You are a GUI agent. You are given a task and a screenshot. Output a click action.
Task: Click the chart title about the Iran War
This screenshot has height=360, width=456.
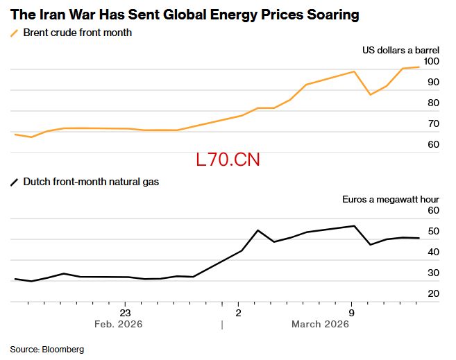point(185,15)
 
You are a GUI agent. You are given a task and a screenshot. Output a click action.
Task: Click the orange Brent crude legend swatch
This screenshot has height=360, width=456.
point(15,33)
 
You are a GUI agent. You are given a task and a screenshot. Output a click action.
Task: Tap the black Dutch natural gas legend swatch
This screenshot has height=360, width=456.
point(15,182)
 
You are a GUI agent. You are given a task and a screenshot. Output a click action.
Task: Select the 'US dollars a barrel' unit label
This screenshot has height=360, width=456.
point(400,50)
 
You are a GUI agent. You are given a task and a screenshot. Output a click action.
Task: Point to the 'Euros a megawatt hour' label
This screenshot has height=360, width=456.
point(391,199)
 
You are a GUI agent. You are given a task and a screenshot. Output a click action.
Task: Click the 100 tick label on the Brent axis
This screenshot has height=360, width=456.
point(431,61)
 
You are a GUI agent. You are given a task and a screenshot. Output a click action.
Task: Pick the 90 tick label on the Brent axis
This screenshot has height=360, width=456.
point(433,83)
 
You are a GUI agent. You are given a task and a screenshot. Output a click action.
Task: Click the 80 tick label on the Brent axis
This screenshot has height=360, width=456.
point(433,103)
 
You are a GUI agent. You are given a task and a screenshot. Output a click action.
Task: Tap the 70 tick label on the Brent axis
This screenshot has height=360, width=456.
point(433,123)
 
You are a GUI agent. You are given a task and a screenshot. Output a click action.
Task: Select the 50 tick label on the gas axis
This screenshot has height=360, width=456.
point(433,231)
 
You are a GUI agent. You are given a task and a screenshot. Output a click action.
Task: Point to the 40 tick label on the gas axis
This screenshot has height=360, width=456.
point(433,252)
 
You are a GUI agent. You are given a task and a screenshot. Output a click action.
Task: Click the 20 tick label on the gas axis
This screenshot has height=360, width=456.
point(433,293)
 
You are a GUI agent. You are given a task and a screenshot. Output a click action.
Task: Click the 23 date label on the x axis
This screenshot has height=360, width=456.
point(125,314)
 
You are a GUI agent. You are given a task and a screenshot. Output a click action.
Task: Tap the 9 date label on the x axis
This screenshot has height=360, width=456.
point(352,314)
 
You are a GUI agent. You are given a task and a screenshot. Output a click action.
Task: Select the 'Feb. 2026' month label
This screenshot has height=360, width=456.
point(119,324)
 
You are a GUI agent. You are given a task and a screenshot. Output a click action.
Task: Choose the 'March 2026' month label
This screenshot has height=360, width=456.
point(320,324)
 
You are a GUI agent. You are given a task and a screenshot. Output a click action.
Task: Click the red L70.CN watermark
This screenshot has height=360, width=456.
point(228,160)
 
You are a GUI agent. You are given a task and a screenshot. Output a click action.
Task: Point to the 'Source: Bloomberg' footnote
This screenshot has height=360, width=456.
point(47,350)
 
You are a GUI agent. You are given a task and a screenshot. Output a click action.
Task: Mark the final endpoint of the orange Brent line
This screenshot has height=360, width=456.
point(419,67)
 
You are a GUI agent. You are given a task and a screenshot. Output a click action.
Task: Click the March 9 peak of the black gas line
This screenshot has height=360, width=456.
point(354,225)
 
